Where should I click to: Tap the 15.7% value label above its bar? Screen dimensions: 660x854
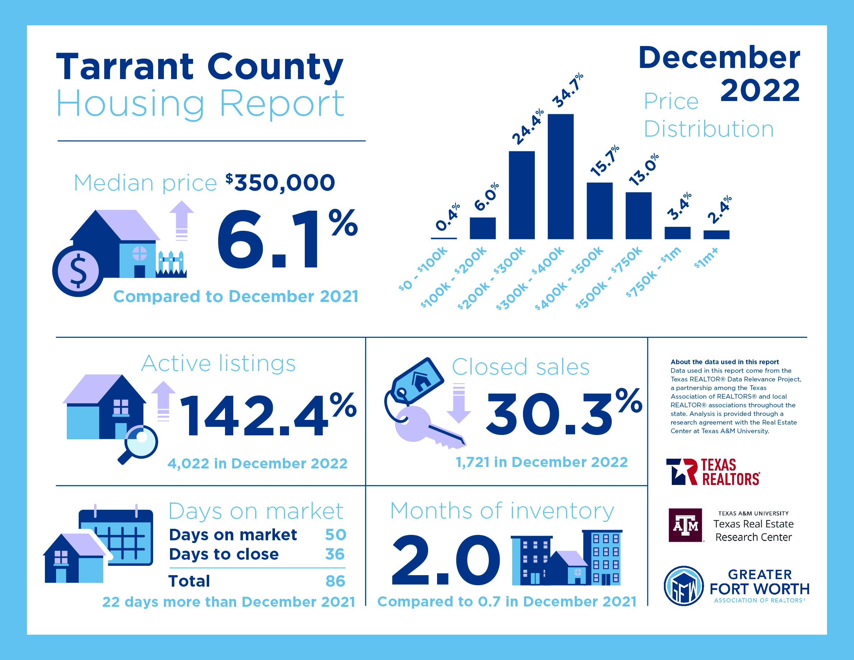click(x=605, y=161)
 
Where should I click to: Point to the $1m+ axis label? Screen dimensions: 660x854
click(x=706, y=258)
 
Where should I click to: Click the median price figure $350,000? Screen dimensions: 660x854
click(x=280, y=183)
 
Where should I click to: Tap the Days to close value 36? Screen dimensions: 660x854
click(x=335, y=554)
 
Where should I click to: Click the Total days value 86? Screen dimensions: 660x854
click(x=335, y=581)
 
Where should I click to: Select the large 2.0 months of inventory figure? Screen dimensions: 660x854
click(x=446, y=560)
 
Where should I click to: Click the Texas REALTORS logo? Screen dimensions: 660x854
click(x=712, y=472)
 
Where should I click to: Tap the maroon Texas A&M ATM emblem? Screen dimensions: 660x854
click(x=685, y=525)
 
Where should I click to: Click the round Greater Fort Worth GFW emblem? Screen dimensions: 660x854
click(x=684, y=586)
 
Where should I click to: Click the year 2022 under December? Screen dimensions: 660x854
click(x=760, y=90)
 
